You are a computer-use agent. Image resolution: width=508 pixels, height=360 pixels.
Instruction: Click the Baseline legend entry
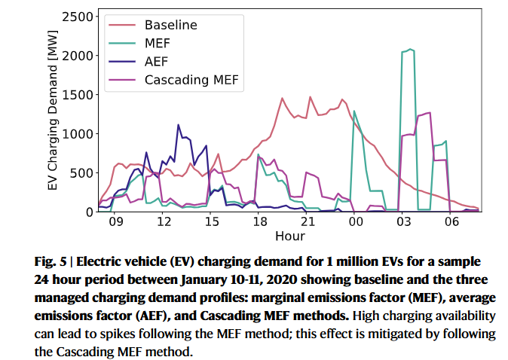pos(171,26)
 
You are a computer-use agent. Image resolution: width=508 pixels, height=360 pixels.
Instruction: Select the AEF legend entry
pos(157,62)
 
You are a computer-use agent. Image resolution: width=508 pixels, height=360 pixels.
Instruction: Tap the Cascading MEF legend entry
pos(194,80)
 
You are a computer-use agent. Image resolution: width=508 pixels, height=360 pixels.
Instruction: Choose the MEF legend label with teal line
pos(158,44)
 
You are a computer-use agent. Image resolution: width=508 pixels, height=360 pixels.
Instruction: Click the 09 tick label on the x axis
pos(115,224)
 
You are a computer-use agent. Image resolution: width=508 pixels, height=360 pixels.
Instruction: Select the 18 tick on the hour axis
pos(259,224)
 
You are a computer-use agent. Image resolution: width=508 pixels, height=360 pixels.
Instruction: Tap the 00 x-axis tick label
pos(354,224)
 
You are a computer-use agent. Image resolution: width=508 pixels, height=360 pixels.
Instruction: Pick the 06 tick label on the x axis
pos(451,224)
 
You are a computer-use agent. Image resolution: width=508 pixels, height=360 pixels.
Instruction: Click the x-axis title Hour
pos(290,236)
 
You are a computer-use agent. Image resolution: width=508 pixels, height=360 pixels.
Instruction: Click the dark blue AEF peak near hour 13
pos(179,125)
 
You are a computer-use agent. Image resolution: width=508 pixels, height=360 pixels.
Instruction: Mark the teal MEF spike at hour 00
pos(354,111)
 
